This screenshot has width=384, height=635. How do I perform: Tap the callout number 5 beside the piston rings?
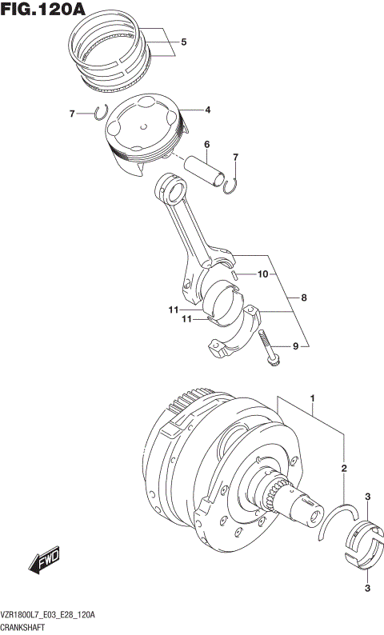(x=183, y=42)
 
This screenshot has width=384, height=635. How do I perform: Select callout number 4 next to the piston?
(x=206, y=110)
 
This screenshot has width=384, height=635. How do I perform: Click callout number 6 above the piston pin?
(x=206, y=145)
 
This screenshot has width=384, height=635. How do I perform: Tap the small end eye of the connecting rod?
(x=170, y=189)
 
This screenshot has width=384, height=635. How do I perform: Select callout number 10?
(x=262, y=274)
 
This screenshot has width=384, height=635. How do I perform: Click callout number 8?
(x=304, y=298)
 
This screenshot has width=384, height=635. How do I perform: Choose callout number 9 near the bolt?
(x=294, y=346)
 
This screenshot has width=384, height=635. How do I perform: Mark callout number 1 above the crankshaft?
(x=313, y=397)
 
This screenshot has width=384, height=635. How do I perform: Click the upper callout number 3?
(x=367, y=497)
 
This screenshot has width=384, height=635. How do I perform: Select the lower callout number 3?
(x=367, y=589)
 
